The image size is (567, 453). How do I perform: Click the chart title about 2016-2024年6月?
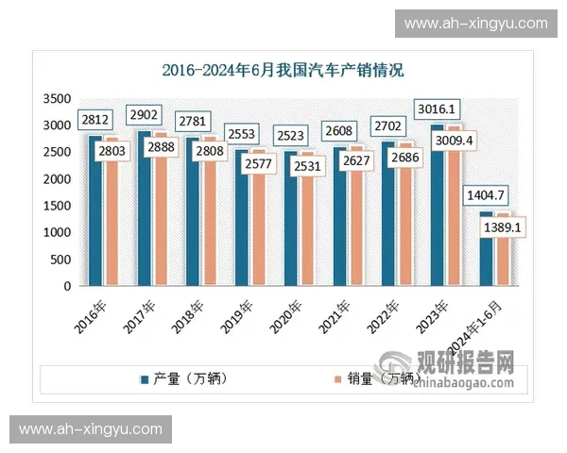point(283,70)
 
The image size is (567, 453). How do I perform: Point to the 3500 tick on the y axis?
point(59,98)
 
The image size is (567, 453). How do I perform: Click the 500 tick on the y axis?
point(62,260)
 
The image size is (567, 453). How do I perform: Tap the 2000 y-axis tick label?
point(59,179)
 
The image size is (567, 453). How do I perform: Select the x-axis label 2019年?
point(237,313)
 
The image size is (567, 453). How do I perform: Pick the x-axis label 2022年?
point(384,313)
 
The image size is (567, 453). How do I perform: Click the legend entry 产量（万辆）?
point(190,379)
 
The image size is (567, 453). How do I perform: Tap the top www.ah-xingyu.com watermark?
point(475,24)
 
